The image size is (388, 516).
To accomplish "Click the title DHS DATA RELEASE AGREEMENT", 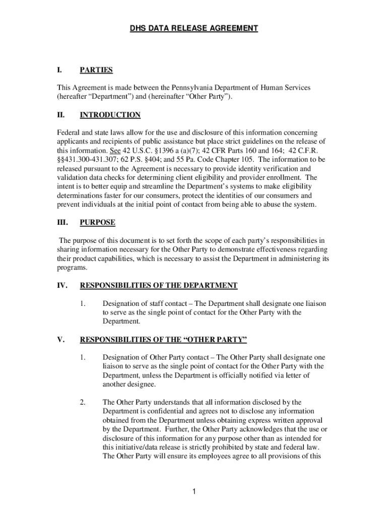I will (194, 29).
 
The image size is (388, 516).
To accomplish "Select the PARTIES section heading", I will (96, 70).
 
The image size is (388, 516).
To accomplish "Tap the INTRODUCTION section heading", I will (110, 115).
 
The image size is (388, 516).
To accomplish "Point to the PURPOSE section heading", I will (97, 222).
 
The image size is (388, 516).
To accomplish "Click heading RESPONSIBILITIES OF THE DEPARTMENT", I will (159, 285).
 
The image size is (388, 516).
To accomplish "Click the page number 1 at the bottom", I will (194, 492).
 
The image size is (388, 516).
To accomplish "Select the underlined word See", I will (115, 151).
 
